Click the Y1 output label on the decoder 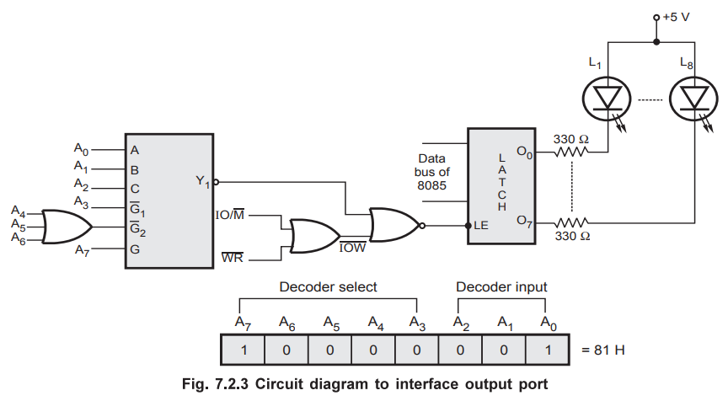tap(201, 180)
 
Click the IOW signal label tap(352, 249)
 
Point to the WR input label tap(233, 257)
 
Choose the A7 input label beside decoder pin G tap(82, 249)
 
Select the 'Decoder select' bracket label tap(328, 286)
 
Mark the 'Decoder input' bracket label tap(501, 286)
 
